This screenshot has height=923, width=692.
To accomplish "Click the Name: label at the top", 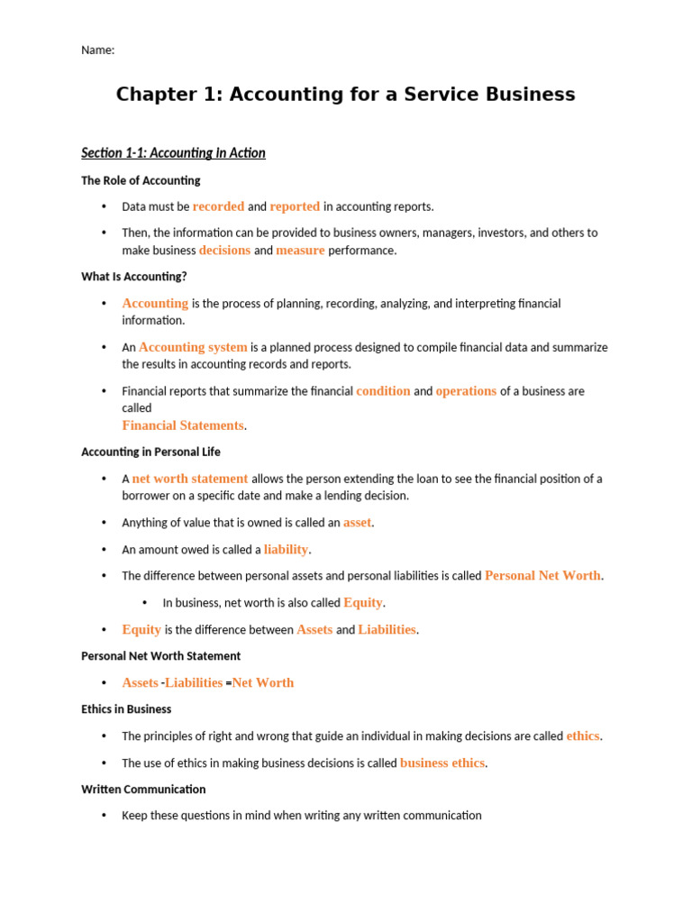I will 98,50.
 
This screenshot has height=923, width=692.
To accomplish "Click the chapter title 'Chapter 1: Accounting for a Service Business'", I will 345,95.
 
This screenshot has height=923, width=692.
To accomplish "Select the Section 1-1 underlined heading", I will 173,153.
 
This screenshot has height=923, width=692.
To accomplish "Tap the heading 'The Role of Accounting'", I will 141,180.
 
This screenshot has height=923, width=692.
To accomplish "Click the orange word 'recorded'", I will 218,206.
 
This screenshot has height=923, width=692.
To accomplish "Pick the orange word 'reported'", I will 295,206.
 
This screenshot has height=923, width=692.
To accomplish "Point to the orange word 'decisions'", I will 224,251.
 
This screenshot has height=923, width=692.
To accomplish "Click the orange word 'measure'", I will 300,251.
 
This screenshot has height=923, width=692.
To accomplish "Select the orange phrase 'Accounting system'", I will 193,347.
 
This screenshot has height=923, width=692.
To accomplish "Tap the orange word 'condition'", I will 383,391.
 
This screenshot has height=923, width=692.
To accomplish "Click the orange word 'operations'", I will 466,391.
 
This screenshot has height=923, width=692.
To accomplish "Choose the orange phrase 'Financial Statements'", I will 183,425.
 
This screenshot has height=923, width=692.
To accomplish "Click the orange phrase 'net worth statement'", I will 190,479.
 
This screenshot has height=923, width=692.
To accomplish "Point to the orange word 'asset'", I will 357,523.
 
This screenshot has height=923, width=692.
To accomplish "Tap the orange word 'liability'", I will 286,549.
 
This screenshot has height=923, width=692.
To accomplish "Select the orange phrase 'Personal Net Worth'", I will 542,575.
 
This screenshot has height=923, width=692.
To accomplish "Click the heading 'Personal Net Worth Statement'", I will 160,656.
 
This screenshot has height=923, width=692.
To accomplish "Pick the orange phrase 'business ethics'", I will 442,763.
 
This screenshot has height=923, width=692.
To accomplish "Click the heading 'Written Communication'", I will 143,790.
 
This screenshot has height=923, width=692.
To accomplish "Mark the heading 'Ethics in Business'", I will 126,709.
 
